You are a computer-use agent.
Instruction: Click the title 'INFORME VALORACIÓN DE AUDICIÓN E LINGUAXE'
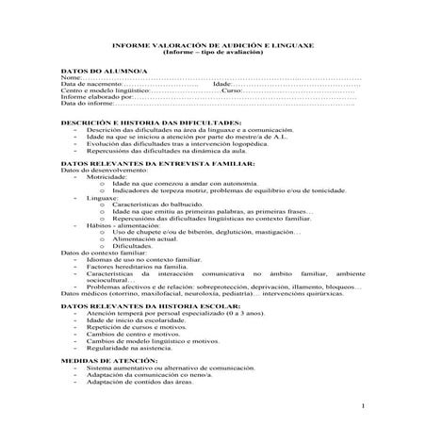pyautogui.click(x=213, y=45)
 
